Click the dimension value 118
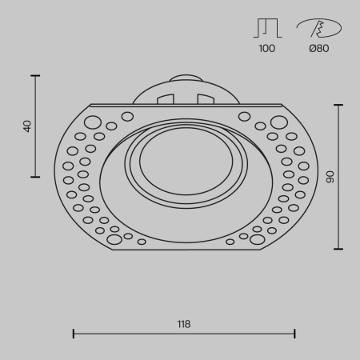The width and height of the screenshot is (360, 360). pos(184,324)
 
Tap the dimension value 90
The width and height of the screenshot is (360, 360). pos(329,176)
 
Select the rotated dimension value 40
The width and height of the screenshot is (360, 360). pos(28,126)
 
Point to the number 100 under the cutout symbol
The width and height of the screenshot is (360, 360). pos(266,49)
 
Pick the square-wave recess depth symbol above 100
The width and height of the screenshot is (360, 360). pos(266,28)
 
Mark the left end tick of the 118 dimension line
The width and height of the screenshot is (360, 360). pos(74,334)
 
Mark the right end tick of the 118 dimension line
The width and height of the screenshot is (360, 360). pos(295,334)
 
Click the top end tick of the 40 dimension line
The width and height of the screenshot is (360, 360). pos(36,75)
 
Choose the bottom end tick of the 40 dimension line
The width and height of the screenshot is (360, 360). pos(36,177)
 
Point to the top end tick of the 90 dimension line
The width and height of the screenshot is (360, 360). pos(339,104)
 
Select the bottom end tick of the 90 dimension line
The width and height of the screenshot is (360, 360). pos(339,249)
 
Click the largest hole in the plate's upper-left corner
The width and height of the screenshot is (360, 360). pos(93,122)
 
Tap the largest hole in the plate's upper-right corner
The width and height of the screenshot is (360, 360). pos(278,122)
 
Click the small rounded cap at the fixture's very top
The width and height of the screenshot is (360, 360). pos(186,78)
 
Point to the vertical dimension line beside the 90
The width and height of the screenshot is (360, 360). pos(339,208)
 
